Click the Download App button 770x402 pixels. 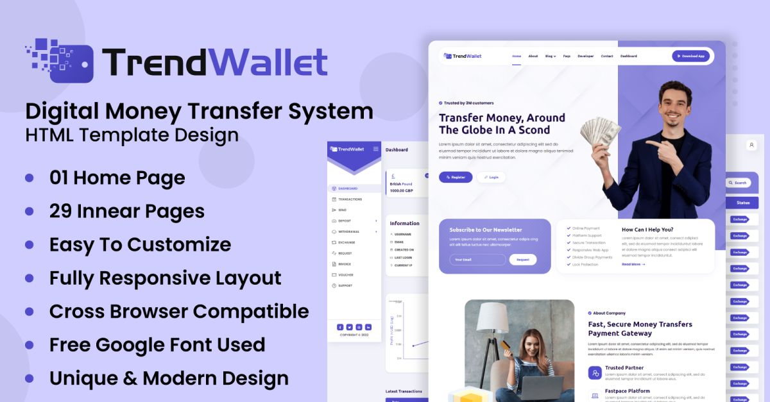(x=690, y=56)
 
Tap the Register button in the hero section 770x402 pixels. (x=456, y=177)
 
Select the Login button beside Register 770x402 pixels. (x=491, y=177)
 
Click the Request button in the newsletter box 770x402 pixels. (x=523, y=260)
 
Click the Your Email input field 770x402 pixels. (x=477, y=260)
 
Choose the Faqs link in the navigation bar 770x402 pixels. (x=567, y=56)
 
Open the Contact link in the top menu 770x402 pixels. (x=606, y=56)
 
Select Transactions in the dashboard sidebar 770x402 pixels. (x=350, y=199)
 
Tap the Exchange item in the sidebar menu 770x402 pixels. (x=346, y=242)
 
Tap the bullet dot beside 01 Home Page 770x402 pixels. (x=29, y=178)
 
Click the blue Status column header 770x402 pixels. (x=742, y=203)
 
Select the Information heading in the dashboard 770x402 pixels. (x=404, y=223)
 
